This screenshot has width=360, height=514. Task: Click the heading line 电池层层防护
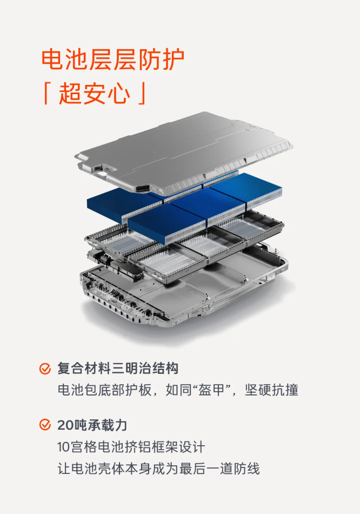[112, 60]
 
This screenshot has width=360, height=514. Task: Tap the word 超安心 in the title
[95, 94]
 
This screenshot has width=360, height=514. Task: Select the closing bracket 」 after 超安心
[142, 94]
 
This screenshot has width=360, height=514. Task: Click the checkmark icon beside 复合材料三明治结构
[45, 368]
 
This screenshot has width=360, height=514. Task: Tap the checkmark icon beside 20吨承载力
[45, 425]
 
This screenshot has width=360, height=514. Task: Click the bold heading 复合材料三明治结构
[118, 368]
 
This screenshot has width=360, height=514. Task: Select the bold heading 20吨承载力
[92, 425]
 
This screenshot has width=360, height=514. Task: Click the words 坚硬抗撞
[271, 390]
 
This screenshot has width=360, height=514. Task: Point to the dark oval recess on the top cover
[143, 188]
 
